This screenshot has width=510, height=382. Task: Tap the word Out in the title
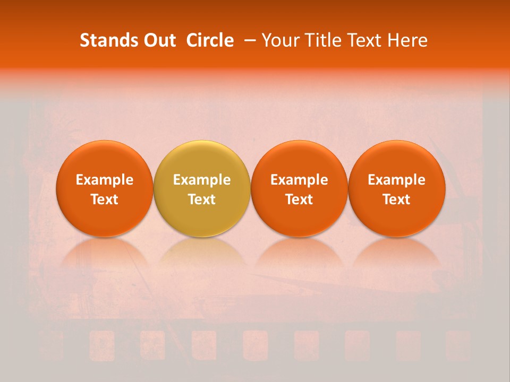tap(158, 40)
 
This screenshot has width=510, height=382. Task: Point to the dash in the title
tap(248, 40)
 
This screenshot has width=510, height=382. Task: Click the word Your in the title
tap(279, 40)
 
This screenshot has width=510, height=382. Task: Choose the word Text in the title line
tap(364, 40)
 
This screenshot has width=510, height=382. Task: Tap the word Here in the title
tap(407, 40)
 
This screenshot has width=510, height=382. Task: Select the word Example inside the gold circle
tap(202, 180)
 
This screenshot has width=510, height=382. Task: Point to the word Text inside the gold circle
tap(202, 199)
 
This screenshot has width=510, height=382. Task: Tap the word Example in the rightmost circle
tap(396, 180)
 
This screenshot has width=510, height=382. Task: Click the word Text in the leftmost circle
tap(104, 199)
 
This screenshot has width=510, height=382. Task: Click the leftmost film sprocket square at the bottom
tap(50, 344)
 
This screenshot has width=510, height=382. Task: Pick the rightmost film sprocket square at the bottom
tap(458, 344)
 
